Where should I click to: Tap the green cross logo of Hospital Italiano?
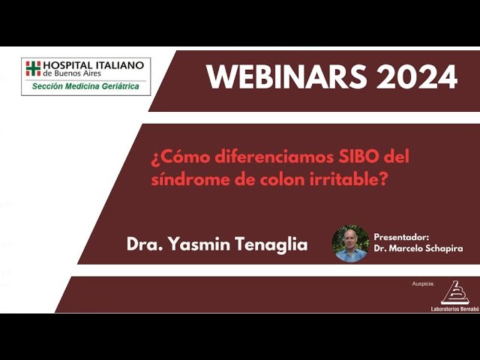point(33,68)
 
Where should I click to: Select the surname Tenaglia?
point(271,244)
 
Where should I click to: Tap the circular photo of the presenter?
point(350,243)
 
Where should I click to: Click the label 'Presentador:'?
point(401,236)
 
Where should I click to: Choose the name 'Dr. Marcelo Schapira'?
point(417,248)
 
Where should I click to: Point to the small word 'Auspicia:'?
point(423,285)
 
